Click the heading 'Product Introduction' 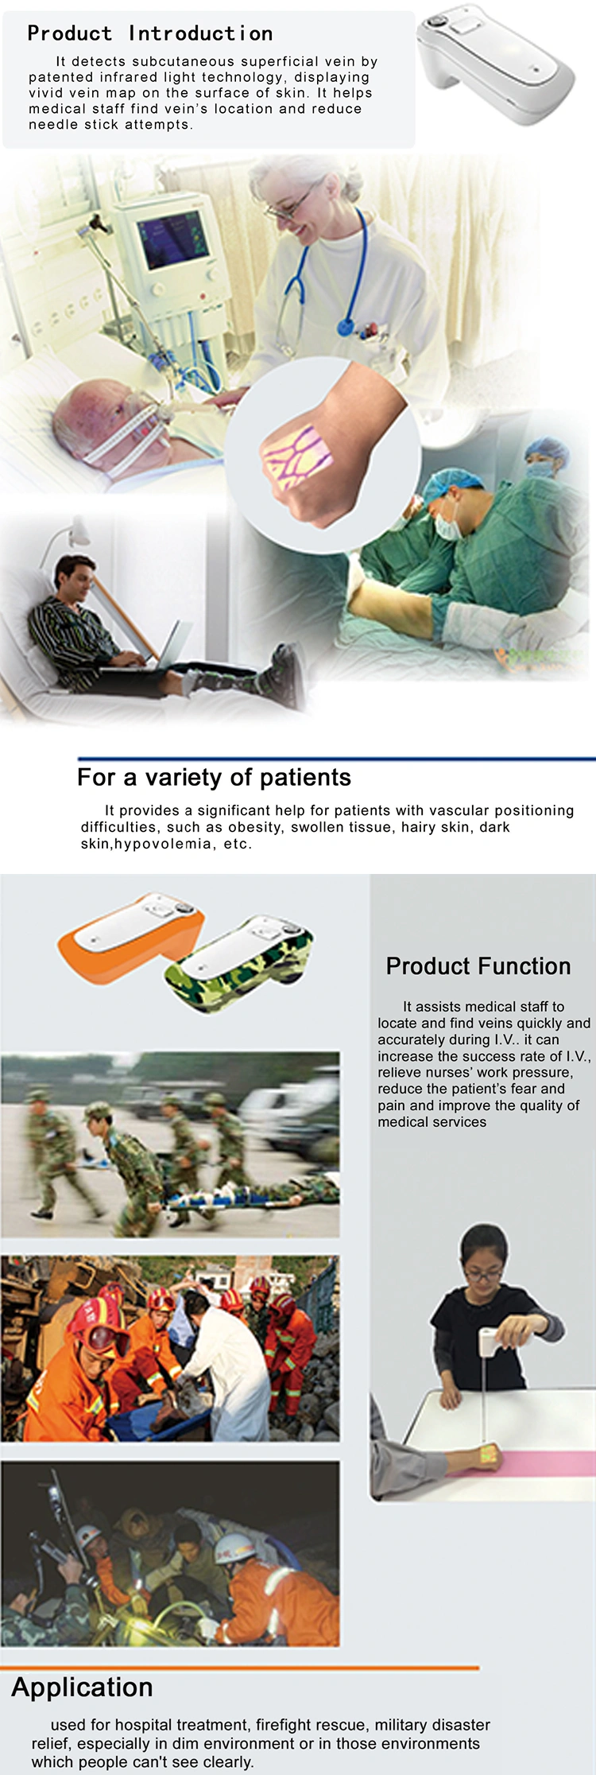pos(150,33)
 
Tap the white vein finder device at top pos(494,63)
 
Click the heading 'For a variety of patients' pos(214,777)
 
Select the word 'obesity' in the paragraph pos(254,827)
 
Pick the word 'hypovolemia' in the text pos(163,844)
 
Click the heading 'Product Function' pos(478,966)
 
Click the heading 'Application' pos(82,1688)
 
